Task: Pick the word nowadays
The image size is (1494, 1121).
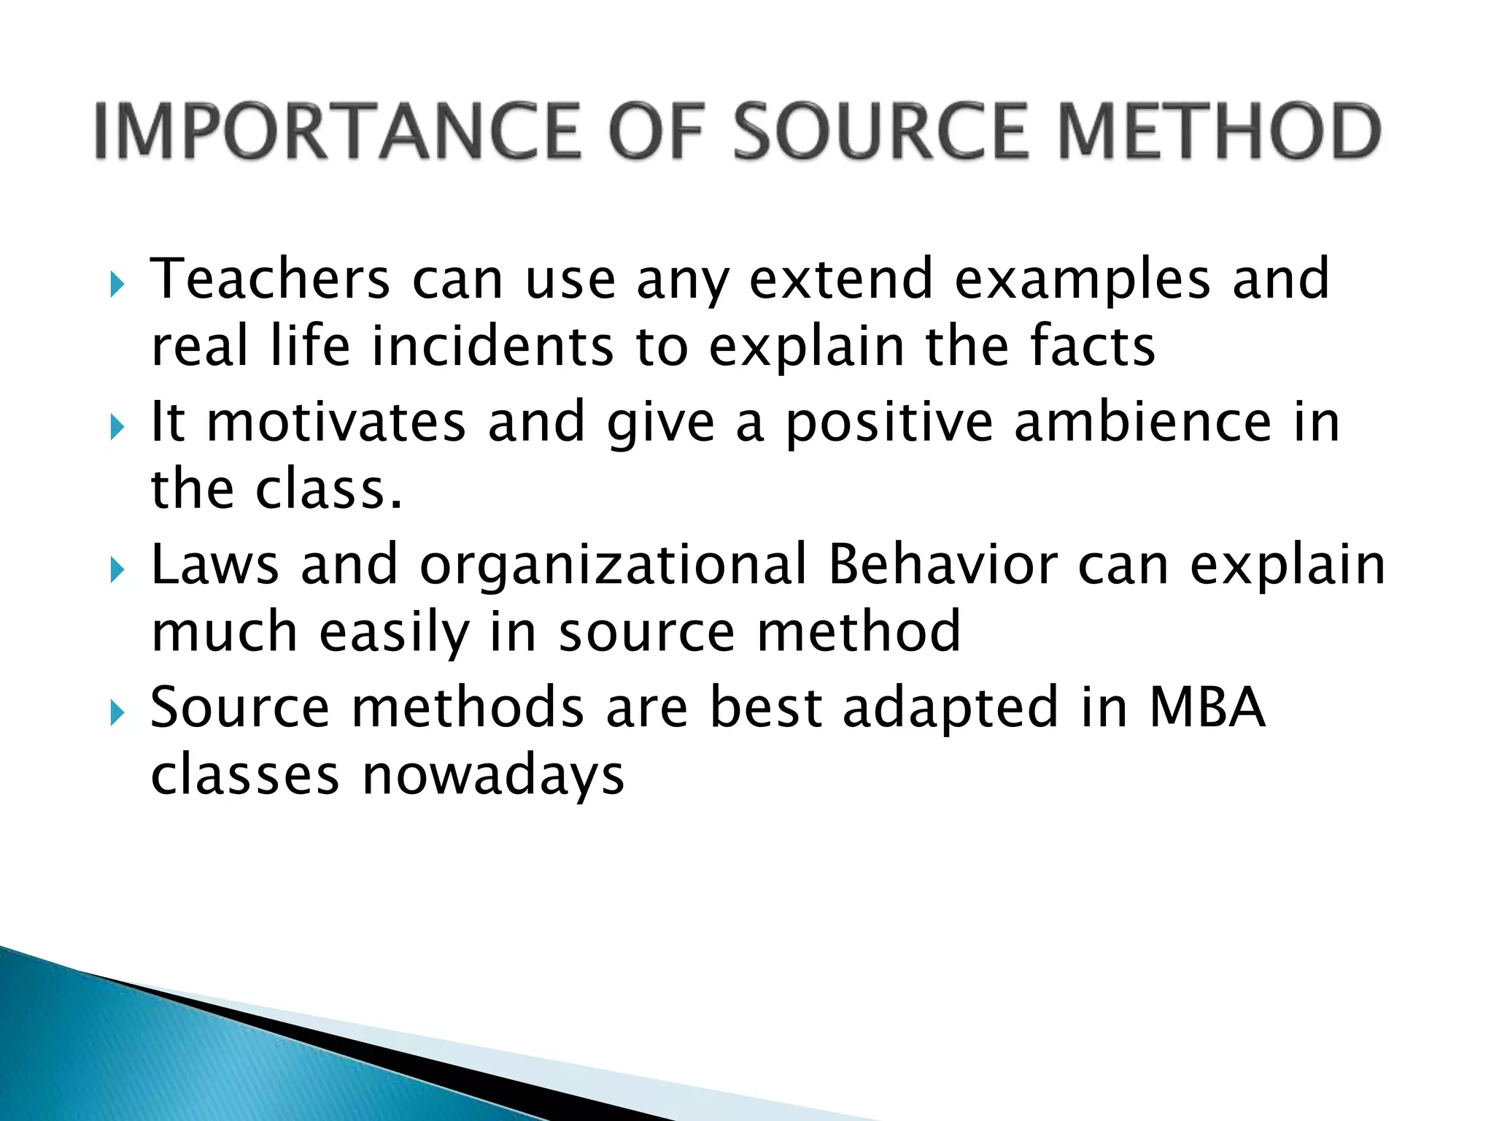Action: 493,776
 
